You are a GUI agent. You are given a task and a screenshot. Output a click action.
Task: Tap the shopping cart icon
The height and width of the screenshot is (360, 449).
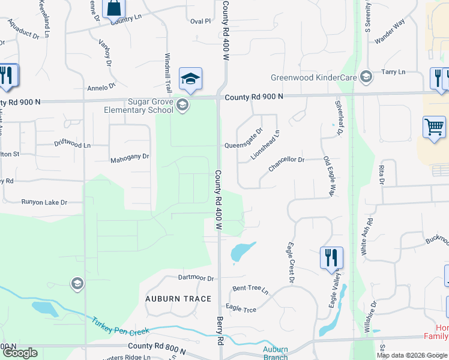434,127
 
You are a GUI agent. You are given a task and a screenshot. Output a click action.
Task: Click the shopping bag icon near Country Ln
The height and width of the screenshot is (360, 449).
113,8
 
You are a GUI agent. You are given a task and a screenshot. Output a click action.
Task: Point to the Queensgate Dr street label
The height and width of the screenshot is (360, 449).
244,146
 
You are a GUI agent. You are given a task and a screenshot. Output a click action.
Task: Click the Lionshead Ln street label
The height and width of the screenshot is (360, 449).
265,145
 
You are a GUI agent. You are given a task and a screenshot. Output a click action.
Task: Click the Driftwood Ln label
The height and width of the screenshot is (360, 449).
72,145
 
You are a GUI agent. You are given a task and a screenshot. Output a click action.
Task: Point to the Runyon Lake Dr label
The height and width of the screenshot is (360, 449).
44,203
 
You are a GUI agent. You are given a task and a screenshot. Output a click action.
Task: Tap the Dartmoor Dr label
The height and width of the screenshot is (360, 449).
196,278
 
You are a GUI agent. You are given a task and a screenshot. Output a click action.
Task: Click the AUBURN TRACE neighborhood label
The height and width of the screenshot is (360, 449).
178,299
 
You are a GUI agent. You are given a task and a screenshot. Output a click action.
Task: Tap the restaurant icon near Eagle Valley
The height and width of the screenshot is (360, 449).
331,257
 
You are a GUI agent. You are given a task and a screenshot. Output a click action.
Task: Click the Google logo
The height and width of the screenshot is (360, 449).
20,353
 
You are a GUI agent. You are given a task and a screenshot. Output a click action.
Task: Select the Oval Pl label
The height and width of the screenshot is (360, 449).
200,21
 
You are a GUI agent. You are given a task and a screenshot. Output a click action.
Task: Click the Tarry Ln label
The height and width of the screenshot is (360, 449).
393,72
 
